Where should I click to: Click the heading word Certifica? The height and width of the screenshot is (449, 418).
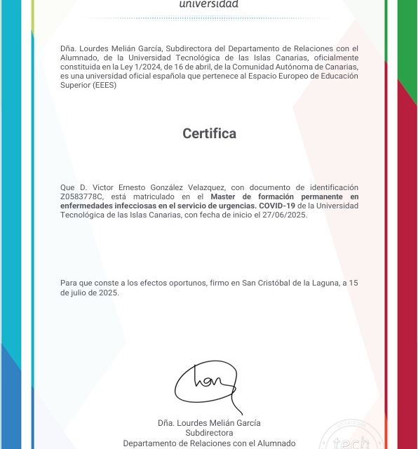pyautogui.click(x=209, y=133)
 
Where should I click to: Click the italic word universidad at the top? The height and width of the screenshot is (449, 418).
pyautogui.click(x=209, y=4)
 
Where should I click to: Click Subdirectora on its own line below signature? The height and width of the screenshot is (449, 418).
pyautogui.click(x=209, y=433)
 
